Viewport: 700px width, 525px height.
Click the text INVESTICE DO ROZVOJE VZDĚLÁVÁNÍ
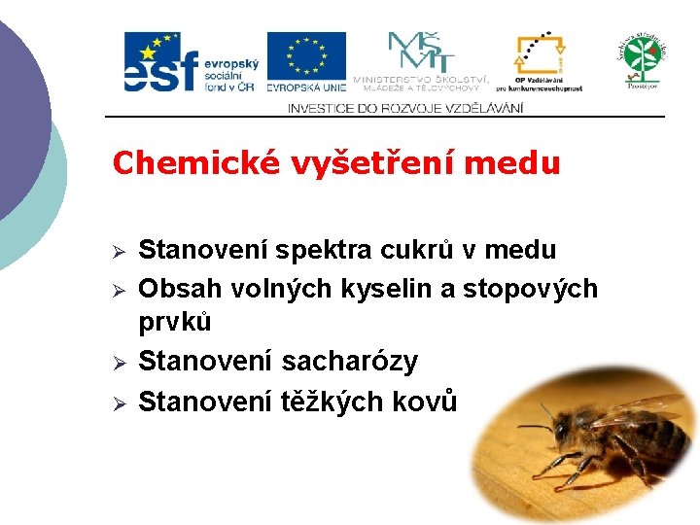pos(404,108)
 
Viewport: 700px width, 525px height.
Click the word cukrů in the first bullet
pos(416,251)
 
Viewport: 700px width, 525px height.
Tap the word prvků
pos(175,322)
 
